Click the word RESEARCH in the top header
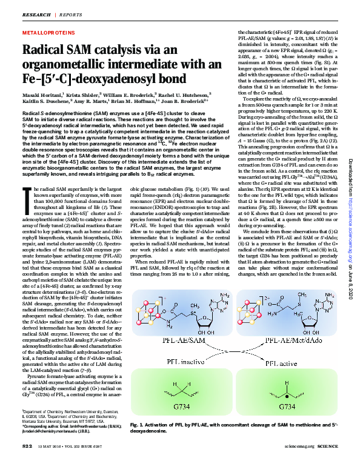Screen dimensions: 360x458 pos(36,13)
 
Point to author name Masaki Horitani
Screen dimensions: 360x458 pos(41,94)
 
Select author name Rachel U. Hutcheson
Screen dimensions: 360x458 pos(188,94)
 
